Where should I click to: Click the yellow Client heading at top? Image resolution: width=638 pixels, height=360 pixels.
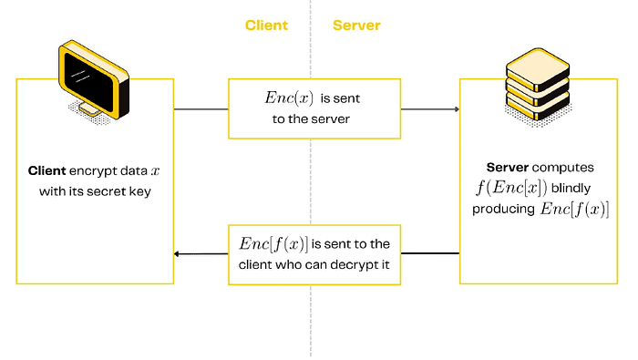[266, 26]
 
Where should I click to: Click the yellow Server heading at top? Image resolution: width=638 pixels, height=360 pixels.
[356, 26]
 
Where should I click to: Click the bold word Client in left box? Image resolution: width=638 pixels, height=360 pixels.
[48, 171]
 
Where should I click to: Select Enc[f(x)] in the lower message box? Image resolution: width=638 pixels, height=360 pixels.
[273, 243]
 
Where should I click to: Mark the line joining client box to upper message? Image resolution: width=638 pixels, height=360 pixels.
[201, 109]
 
